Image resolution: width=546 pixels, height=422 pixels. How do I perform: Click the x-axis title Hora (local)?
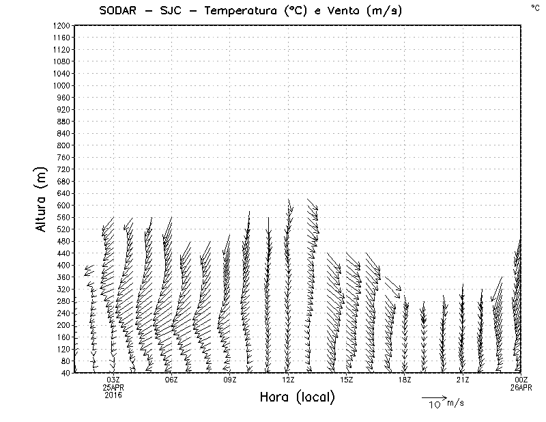click(298, 397)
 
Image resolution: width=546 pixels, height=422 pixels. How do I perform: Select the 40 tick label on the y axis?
click(66, 372)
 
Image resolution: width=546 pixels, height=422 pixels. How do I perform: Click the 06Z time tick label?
click(171, 380)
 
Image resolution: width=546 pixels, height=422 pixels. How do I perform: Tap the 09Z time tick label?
click(229, 380)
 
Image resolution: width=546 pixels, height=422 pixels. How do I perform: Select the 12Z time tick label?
click(288, 380)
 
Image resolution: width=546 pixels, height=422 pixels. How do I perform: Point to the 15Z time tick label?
click(346, 380)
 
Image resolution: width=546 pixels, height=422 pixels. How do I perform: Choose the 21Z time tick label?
click(463, 380)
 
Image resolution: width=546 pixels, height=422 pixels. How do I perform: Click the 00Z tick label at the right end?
click(521, 380)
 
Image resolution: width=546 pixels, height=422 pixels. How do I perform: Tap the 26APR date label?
click(521, 386)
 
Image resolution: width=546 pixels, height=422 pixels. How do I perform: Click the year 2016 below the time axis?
click(113, 393)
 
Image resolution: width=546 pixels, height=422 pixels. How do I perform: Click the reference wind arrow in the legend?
click(433, 397)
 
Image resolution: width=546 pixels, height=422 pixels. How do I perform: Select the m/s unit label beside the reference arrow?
click(455, 403)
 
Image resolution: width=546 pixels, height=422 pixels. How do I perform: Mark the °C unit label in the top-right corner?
click(534, 8)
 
